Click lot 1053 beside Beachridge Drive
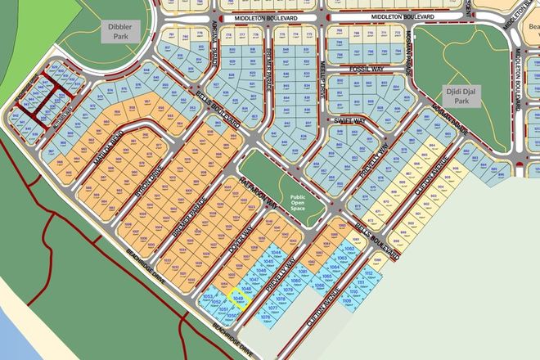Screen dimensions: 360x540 point(208,296)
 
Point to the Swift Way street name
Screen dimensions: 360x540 point(349,120)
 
